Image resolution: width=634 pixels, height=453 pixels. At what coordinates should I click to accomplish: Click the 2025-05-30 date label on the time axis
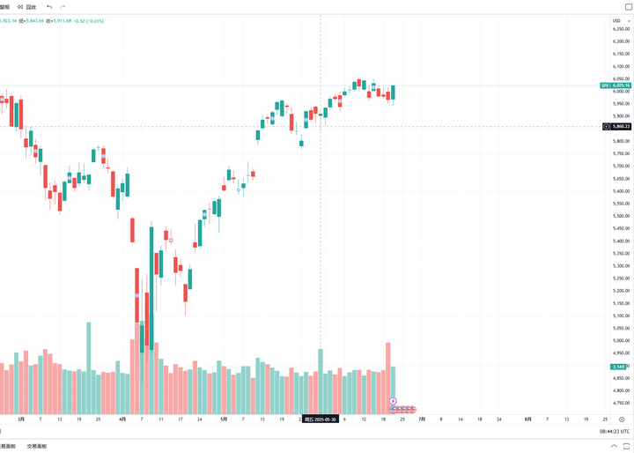click(320, 420)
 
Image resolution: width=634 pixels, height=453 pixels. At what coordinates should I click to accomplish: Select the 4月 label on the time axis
click(122, 420)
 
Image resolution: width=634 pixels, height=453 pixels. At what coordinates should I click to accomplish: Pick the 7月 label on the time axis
click(422, 420)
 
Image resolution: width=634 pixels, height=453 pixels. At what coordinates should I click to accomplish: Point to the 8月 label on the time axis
click(527, 420)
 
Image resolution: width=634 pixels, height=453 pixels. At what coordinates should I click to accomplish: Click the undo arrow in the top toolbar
click(49, 7)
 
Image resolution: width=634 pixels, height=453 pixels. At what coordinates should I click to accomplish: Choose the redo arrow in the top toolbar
click(63, 7)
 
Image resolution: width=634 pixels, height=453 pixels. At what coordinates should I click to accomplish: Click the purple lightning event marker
click(393, 401)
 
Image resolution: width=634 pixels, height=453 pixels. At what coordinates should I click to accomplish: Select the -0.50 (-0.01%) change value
click(88, 22)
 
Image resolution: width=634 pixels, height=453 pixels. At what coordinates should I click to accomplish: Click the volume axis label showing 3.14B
click(618, 367)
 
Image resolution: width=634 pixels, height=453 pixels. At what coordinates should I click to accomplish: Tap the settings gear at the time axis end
click(622, 420)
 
